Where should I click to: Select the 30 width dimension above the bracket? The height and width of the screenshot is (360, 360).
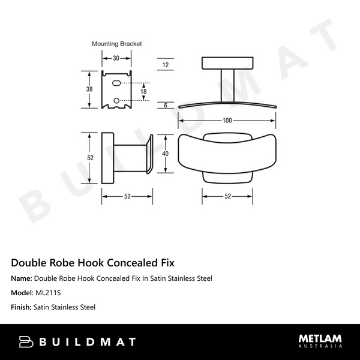point(115,58)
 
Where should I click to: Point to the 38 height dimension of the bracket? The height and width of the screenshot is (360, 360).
point(89,89)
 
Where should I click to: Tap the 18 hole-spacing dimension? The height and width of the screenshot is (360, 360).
point(143,91)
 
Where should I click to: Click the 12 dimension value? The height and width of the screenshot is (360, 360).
point(166,64)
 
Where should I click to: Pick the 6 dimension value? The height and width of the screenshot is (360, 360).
point(166,105)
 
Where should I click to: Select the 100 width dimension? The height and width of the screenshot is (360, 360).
point(227,121)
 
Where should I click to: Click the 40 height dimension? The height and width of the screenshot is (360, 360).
point(166,154)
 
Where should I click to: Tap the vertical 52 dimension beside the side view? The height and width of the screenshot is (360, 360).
point(91,158)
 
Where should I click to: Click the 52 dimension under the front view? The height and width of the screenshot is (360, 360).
point(227,196)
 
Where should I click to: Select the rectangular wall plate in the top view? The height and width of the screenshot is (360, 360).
point(227,64)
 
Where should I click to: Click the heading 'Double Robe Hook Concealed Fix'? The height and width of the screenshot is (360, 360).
point(93,263)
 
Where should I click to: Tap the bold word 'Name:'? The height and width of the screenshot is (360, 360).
point(22,278)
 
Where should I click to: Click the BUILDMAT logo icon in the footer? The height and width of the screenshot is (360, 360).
point(26,342)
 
